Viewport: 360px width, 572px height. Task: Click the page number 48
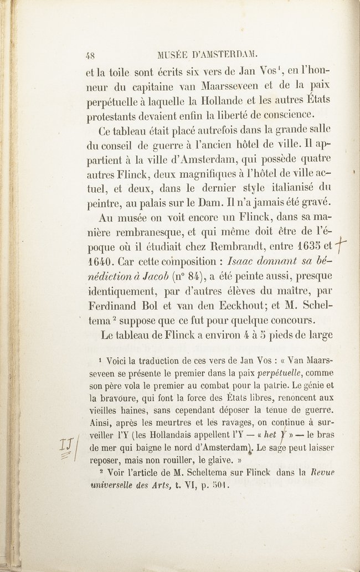point(91,55)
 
